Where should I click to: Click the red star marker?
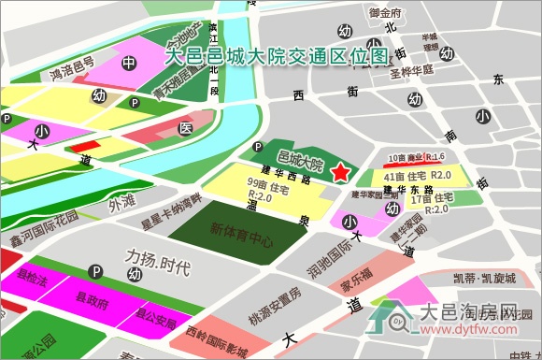[339, 171]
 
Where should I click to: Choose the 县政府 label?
[91, 303]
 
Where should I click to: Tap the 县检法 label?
[32, 279]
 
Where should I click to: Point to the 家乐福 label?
[357, 275]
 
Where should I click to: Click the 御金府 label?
[385, 14]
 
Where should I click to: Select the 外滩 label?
[121, 201]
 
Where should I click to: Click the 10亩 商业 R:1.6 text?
[416, 157]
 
